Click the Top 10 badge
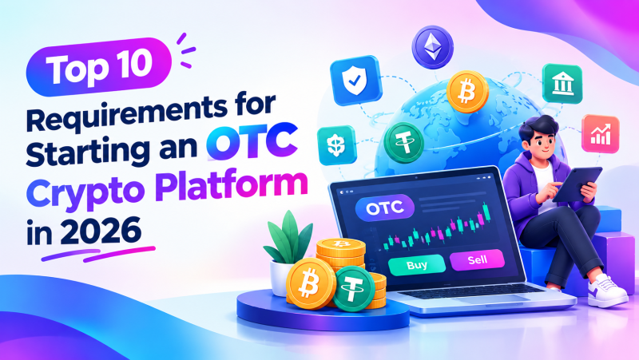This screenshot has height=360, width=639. (x=98, y=67)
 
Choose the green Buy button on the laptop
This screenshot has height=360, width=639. (x=416, y=266)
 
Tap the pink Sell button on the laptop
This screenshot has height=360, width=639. (x=477, y=259)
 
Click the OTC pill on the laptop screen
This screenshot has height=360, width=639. (x=385, y=208)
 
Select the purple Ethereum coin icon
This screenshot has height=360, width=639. (x=432, y=45)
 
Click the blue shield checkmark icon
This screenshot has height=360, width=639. (x=355, y=81)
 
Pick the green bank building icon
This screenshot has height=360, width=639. (x=562, y=83)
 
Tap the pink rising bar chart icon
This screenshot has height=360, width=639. (x=601, y=133)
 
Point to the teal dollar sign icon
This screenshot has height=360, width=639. (x=336, y=145)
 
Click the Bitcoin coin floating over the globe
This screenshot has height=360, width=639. (x=467, y=92)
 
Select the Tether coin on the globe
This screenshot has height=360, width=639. (x=404, y=143)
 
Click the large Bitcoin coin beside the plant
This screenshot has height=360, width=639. (x=311, y=283)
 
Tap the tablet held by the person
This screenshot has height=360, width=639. (x=577, y=184)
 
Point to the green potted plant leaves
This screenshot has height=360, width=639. (x=289, y=238)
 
